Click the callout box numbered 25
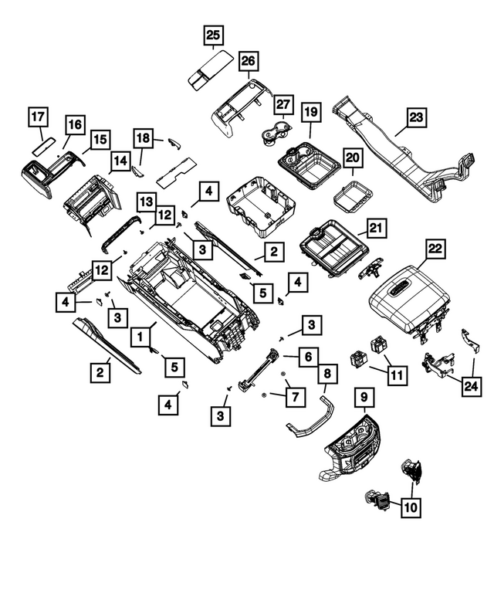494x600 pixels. coord(212,34)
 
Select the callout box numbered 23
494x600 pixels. coord(416,117)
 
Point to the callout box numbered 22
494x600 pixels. coord(436,248)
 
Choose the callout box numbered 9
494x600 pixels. coord(364,399)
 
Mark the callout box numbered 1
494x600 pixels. coord(140,337)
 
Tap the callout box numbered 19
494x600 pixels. coord(310,113)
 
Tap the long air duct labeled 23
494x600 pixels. coord(386,151)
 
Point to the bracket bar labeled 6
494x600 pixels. coord(259,370)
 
